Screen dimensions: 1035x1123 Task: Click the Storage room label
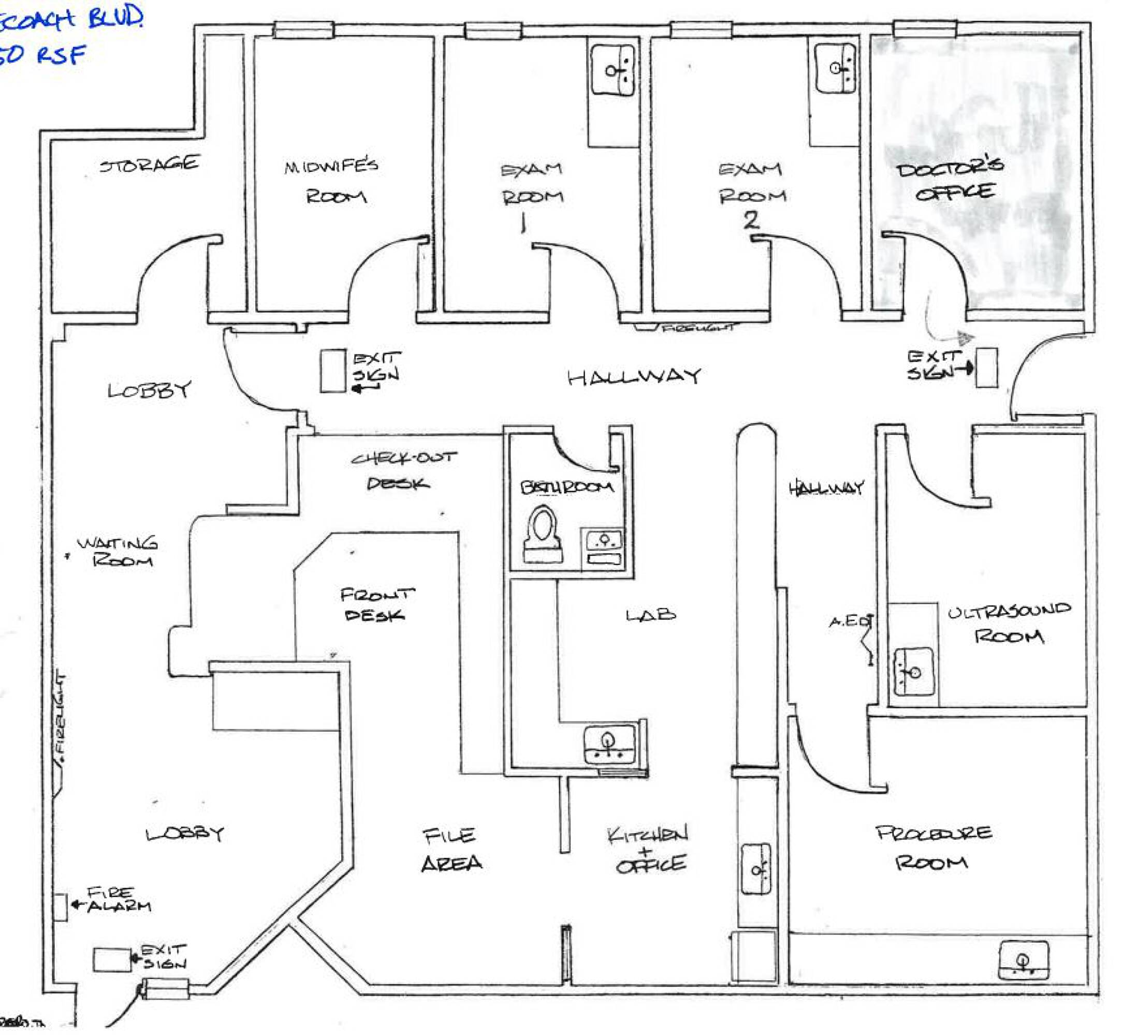pyautogui.click(x=149, y=164)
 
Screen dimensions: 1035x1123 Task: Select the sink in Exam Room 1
pyautogui.click(x=613, y=70)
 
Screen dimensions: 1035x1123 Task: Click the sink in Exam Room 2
pyautogui.click(x=836, y=68)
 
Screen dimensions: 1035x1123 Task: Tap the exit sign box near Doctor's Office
pyautogui.click(x=987, y=368)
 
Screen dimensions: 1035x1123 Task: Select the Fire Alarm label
pyautogui.click(x=118, y=899)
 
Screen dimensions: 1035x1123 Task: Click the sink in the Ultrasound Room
pyautogui.click(x=913, y=672)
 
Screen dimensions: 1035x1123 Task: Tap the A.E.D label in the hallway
pyautogui.click(x=850, y=621)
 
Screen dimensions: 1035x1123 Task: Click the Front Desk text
pyautogui.click(x=376, y=604)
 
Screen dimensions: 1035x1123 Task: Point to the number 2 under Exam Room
pyautogui.click(x=751, y=220)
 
